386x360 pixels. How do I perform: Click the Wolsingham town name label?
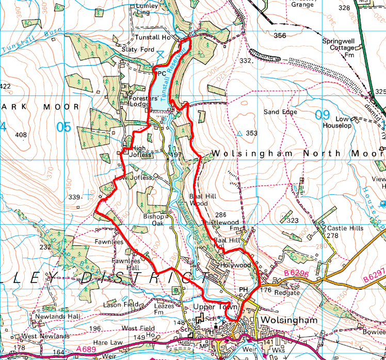coord(286,320)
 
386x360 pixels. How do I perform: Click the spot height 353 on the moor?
coord(251,133)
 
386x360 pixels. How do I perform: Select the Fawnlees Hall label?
coord(126,264)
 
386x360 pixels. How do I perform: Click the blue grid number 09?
coord(321,115)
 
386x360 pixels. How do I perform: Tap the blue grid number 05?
coord(63,126)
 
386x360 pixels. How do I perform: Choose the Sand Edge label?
coord(280,112)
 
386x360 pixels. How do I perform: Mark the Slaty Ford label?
coord(138,50)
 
